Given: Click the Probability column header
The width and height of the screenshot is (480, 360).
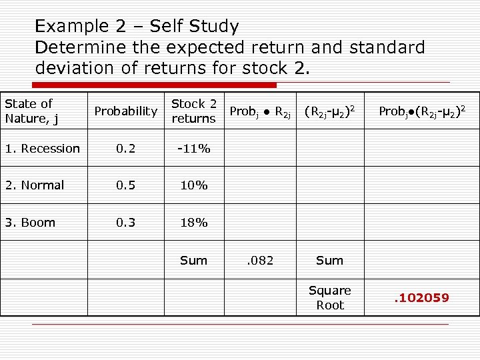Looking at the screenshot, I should [125, 111].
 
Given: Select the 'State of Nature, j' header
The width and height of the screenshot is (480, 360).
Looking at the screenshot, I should [29, 111].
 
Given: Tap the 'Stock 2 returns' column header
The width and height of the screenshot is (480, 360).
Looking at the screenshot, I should [193, 111].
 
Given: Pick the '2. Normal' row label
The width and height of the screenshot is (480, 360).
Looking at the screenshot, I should [34, 185].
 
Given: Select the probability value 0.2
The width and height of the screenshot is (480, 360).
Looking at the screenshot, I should [125, 149].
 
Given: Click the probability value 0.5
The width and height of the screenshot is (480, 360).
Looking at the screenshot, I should [125, 185].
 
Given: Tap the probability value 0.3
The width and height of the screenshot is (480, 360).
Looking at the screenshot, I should [125, 223].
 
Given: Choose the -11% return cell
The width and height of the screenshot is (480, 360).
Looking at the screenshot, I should [193, 149].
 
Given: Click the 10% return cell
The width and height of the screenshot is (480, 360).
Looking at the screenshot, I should [193, 185].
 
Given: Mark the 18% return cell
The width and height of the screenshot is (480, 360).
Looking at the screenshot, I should [193, 223].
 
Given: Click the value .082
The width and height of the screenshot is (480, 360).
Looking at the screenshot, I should [260, 260].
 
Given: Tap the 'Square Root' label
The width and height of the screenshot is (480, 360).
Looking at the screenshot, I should [329, 297].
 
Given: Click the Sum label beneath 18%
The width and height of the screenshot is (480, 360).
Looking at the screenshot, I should [193, 260].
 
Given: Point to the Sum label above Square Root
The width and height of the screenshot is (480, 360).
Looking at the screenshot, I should [329, 260].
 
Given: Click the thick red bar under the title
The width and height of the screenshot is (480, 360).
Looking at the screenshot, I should [154, 85].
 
